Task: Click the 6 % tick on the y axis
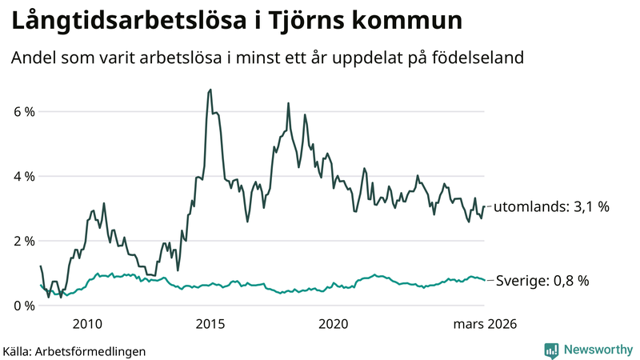22,111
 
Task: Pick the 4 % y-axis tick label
22,176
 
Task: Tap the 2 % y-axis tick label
22,241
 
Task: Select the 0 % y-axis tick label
22,306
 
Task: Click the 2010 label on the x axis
87,324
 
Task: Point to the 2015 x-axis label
210,324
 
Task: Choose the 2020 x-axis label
334,324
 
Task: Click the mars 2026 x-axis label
486,324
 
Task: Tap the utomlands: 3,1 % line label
551,206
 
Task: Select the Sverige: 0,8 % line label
542,281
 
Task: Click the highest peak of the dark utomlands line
210,90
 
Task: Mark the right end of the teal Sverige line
484,280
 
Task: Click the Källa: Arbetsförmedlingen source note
74,350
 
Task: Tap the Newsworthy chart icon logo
552,350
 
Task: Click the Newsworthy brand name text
598,350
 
